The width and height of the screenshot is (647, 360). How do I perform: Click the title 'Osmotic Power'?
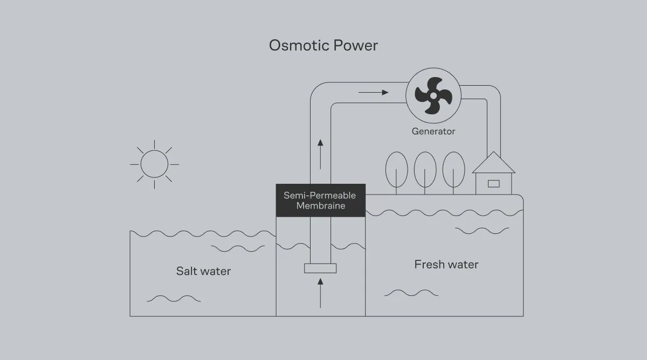[323, 45]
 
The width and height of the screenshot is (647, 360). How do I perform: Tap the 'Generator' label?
[433, 131]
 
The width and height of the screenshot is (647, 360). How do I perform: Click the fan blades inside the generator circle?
[433, 95]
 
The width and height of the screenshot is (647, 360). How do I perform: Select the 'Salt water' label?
[203, 271]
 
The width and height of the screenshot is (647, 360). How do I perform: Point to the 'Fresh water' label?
[446, 265]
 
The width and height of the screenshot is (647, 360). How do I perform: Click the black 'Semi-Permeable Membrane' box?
[320, 200]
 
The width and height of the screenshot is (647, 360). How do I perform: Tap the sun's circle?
[155, 164]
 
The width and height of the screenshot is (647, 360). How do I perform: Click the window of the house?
[493, 183]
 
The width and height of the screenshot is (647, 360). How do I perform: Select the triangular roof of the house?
[493, 163]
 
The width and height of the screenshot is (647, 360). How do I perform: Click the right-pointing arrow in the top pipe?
[373, 93]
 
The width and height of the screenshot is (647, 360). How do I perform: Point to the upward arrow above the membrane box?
[320, 154]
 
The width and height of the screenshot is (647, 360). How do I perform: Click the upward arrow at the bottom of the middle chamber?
[320, 293]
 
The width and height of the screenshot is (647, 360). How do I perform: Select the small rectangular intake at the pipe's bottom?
[320, 268]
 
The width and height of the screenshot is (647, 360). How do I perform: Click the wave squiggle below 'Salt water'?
[174, 298]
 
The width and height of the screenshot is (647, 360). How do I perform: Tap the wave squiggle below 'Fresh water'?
[411, 293]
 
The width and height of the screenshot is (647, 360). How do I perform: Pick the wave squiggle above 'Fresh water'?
[482, 231]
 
